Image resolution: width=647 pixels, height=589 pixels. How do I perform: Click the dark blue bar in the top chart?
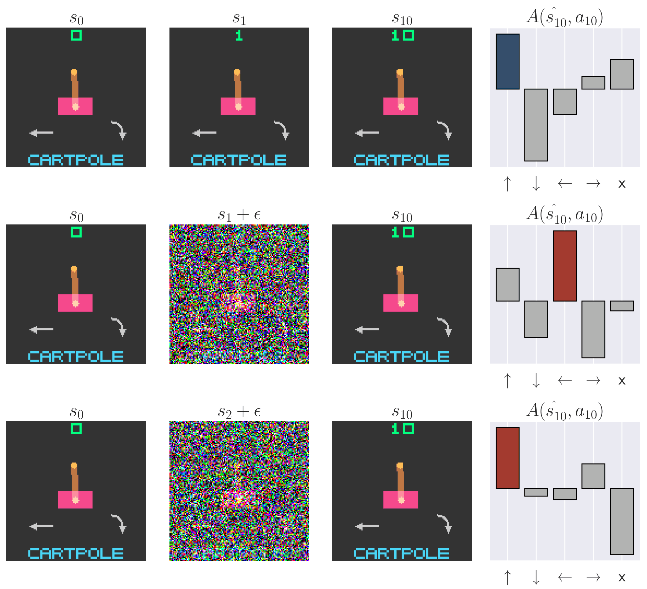pyautogui.click(x=507, y=61)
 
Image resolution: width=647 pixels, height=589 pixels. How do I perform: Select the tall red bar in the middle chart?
pyautogui.click(x=564, y=266)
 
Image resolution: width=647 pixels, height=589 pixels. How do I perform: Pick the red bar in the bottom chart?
pyautogui.click(x=507, y=458)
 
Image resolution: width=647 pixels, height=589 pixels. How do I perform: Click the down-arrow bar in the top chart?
pyautogui.click(x=536, y=125)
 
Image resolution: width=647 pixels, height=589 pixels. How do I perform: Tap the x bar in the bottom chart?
pyautogui.click(x=622, y=521)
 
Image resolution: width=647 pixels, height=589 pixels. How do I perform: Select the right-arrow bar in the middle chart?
pyautogui.click(x=593, y=329)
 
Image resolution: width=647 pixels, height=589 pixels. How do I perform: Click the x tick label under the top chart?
pyautogui.click(x=622, y=184)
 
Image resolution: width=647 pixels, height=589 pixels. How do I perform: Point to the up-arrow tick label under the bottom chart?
pyautogui.click(x=507, y=577)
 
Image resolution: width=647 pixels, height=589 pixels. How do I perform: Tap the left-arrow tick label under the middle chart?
pyautogui.click(x=564, y=380)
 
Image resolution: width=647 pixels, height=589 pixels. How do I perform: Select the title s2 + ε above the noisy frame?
pyautogui.click(x=239, y=412)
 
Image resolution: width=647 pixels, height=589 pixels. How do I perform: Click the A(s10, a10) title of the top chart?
pyautogui.click(x=564, y=17)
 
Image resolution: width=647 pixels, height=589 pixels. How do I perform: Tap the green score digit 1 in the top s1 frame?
pyautogui.click(x=239, y=35)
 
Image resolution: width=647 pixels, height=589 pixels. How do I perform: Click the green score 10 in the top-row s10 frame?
pyautogui.click(x=403, y=35)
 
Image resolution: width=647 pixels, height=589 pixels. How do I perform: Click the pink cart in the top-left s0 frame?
pyautogui.click(x=75, y=106)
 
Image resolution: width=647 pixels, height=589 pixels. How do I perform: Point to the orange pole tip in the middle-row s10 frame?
pyautogui.click(x=400, y=269)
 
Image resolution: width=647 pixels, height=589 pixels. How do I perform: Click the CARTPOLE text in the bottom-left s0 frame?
pyautogui.click(x=76, y=553)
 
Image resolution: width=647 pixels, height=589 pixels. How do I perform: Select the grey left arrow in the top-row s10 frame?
pyautogui.click(x=367, y=133)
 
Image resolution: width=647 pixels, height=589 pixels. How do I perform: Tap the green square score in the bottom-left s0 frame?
pyautogui.click(x=76, y=429)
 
